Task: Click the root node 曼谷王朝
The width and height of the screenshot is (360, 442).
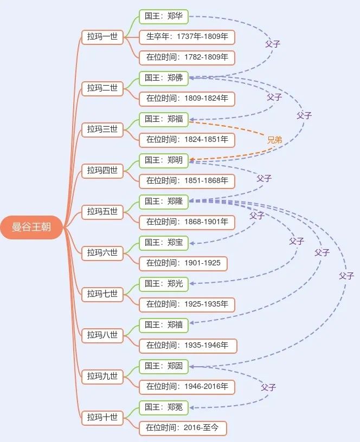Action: coord(31,227)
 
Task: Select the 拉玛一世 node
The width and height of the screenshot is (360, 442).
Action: coord(102,37)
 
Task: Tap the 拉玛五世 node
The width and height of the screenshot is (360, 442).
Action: coord(102,212)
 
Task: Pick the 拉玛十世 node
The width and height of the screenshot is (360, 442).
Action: coord(102,418)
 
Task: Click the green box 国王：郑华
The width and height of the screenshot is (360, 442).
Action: coord(164,16)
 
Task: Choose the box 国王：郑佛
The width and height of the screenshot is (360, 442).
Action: coord(164,78)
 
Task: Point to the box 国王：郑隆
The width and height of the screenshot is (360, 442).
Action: coord(164,201)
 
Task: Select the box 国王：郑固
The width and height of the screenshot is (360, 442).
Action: coord(164,366)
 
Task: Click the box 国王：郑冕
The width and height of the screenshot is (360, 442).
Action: coord(164,407)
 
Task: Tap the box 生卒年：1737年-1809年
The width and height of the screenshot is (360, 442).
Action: coord(187,37)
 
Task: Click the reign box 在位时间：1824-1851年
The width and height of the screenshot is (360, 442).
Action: coord(187,140)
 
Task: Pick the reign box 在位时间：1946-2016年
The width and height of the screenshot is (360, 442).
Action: coord(187,387)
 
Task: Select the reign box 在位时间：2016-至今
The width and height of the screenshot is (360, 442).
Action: coord(183,428)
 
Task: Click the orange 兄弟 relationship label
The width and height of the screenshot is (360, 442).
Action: coord(274,140)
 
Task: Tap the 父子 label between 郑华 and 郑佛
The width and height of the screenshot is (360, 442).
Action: coord(273,44)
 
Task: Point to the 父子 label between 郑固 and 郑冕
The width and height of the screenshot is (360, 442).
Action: coord(268,387)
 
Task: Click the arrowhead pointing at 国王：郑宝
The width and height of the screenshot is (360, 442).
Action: coord(191,243)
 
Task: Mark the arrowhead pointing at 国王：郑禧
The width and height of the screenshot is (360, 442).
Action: coord(191,323)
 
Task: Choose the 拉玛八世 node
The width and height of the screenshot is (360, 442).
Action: coord(102,335)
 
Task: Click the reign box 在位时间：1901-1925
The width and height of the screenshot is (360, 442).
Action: coord(183,263)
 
